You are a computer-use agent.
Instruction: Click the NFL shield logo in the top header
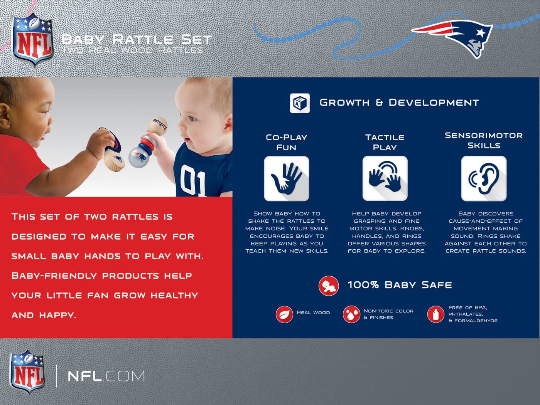tap(32, 40)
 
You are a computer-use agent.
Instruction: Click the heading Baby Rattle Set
tap(136, 40)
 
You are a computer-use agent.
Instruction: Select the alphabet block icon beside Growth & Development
tap(300, 103)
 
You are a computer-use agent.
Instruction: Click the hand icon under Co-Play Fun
tap(287, 179)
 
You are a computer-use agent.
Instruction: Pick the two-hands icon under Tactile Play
tap(385, 178)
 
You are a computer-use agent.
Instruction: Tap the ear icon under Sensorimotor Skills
tap(484, 178)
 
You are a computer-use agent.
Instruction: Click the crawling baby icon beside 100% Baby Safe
tap(328, 286)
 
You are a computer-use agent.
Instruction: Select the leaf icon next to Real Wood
tap(284, 314)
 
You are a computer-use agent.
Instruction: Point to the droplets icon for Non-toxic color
tap(351, 314)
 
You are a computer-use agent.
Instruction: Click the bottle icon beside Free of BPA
tap(435, 314)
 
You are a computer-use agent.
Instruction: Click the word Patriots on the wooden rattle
tap(160, 124)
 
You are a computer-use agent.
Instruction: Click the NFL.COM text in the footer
tap(106, 376)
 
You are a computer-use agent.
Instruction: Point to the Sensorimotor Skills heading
tap(484, 141)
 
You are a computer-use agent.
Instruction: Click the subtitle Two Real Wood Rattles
tap(133, 50)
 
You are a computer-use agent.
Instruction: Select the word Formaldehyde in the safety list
tap(476, 321)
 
